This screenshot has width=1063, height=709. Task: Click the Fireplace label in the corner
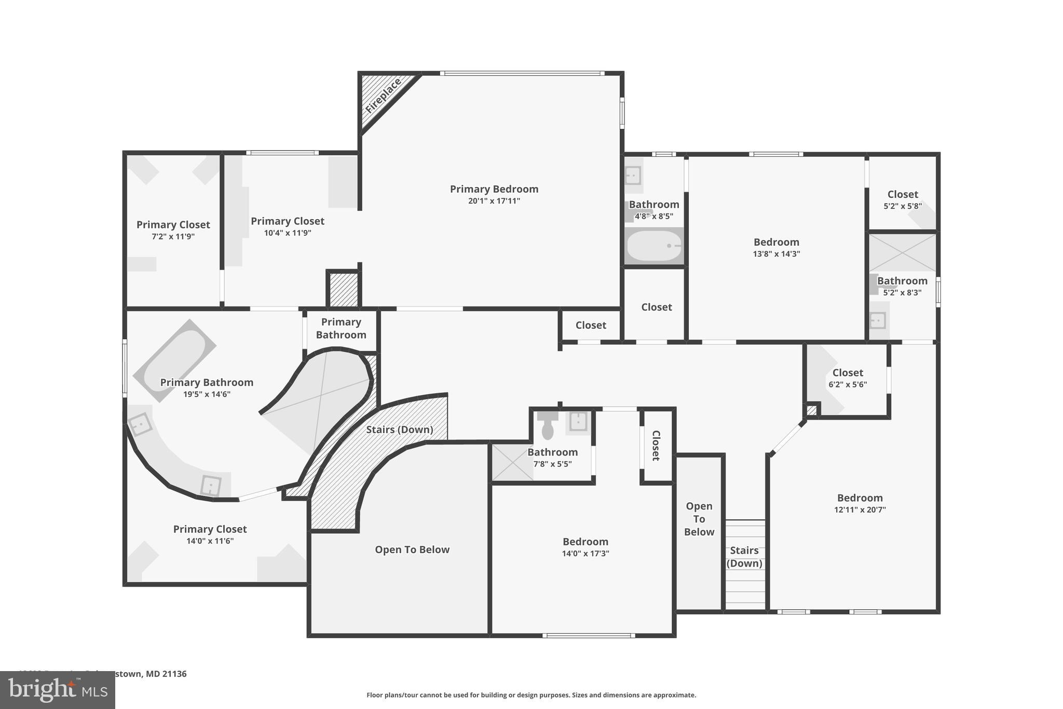pos(384,96)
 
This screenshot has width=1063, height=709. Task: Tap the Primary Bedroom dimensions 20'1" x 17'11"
pos(494,201)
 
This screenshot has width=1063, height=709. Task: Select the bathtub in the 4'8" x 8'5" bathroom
pos(654,246)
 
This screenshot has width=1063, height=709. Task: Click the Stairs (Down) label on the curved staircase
pos(399,430)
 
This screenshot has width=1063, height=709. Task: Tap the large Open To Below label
pos(412,550)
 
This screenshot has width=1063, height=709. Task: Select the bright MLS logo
pos(58,690)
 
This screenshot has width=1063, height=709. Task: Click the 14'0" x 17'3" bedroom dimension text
pos(585,554)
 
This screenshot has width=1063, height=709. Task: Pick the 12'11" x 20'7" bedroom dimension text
pos(860,510)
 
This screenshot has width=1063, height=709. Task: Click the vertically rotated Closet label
pos(656,446)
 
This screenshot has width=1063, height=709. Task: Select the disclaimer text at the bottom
pos(531,695)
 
